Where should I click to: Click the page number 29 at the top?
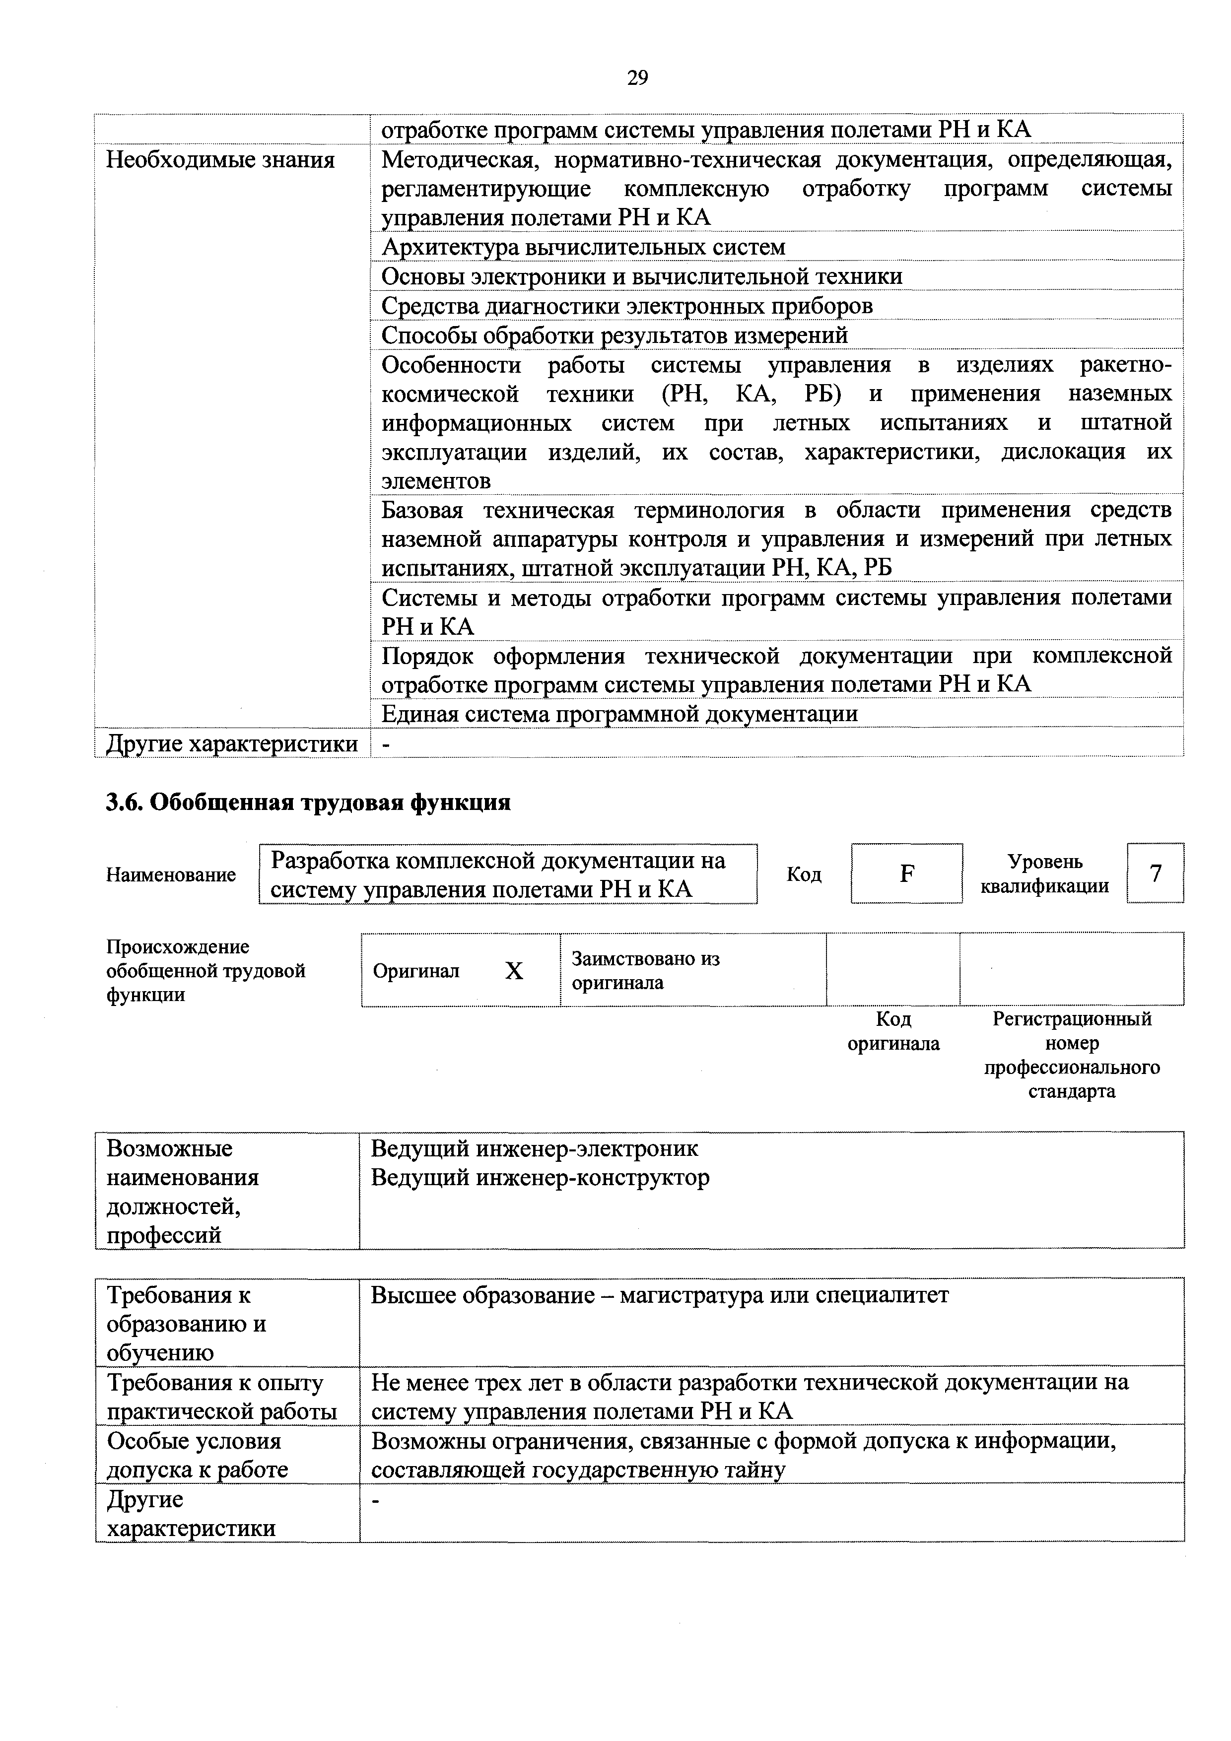[637, 77]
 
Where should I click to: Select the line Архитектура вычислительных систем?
[583, 247]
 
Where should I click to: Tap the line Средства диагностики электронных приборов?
[626, 306]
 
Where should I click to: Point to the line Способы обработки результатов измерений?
[615, 335]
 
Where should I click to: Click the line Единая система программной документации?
[619, 714]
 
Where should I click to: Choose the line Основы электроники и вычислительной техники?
[642, 276]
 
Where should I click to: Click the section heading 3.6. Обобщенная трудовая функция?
[308, 802]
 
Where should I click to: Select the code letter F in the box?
[906, 874]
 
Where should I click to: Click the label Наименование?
[171, 875]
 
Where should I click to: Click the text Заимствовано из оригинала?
[645, 971]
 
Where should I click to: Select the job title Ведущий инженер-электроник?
[534, 1149]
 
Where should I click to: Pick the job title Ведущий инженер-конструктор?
[539, 1178]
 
